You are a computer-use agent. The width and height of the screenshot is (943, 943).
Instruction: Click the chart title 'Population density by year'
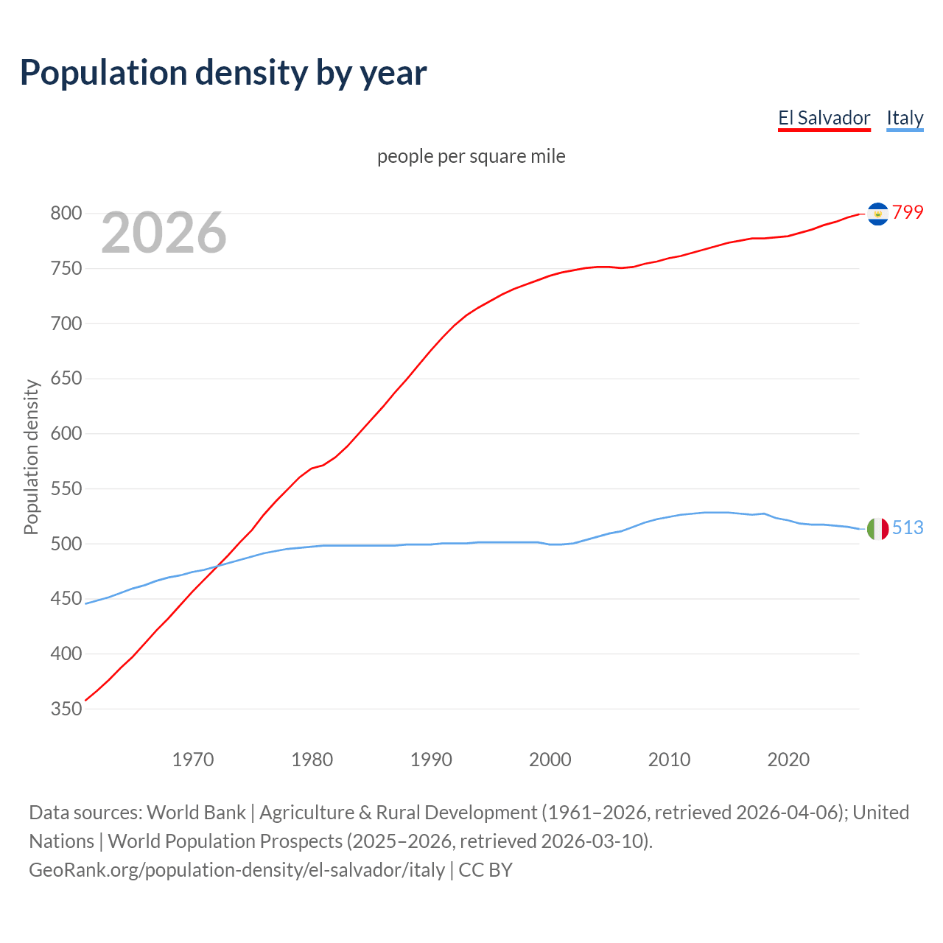coord(223,73)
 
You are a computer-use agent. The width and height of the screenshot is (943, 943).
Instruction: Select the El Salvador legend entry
coord(824,118)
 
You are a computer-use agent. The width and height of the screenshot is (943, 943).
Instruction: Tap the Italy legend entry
coord(905,118)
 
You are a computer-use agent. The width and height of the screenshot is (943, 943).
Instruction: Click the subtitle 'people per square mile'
coord(471,156)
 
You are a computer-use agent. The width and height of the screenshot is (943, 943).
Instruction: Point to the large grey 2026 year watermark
coord(164,233)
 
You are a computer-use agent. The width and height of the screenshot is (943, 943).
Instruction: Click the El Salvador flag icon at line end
coord(877,214)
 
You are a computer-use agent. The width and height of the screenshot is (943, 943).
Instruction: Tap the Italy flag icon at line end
coord(877,528)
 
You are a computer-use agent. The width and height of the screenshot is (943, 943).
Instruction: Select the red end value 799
coord(908,212)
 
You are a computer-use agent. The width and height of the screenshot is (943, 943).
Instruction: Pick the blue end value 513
coord(908,527)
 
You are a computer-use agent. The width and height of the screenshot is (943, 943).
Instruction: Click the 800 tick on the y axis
coord(66,214)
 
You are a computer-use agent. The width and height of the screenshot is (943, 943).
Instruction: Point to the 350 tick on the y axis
coord(66,709)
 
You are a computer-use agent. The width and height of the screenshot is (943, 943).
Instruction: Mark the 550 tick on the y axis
coord(66,488)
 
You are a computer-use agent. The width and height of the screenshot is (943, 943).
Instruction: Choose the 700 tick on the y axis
coord(66,323)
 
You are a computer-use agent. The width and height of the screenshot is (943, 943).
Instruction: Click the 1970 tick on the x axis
coord(193,760)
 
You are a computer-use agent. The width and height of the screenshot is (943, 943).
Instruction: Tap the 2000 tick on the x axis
coord(550,760)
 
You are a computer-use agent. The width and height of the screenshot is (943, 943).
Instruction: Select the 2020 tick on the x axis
coord(788,760)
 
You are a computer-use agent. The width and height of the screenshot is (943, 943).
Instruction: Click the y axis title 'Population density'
coord(31,457)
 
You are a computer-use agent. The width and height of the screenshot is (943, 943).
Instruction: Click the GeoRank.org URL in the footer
coord(236,870)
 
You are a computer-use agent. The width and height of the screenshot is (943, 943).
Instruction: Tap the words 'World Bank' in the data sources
coord(196,813)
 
